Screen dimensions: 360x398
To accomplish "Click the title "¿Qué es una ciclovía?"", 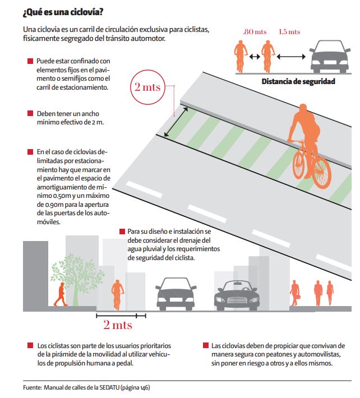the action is point(63,12).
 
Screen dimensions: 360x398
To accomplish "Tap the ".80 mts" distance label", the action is point(255,32).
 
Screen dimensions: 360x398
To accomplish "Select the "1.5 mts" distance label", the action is point(289,32).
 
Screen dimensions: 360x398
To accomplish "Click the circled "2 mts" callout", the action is point(147,87).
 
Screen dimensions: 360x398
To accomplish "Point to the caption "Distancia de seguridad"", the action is point(298,81).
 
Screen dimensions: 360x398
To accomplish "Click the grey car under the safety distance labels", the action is point(330,57).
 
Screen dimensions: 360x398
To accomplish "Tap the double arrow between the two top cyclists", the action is point(255,57).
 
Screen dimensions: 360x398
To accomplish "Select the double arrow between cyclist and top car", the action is point(291,57).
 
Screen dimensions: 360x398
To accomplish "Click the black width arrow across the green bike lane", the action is point(176,122).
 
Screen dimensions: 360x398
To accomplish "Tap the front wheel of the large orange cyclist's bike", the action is point(321,173).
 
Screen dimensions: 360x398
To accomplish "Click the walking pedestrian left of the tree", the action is point(61,294).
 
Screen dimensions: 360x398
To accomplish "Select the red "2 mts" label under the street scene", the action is point(118,325).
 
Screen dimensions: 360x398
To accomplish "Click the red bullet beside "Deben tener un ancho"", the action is point(30,113).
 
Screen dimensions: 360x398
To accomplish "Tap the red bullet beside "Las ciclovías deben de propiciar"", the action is point(206,345).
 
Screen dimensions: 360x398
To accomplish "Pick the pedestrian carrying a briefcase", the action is point(295,293).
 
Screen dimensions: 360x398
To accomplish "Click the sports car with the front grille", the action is point(237,295).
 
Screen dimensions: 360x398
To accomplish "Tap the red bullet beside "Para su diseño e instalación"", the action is point(122,232).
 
